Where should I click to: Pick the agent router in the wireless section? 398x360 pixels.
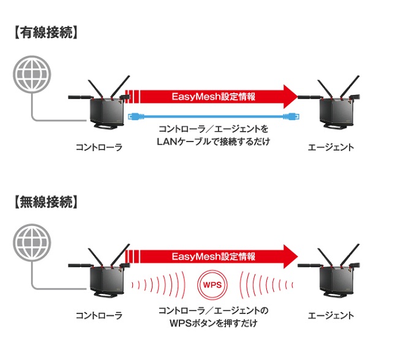334,276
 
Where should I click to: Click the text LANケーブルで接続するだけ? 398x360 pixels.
212,142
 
